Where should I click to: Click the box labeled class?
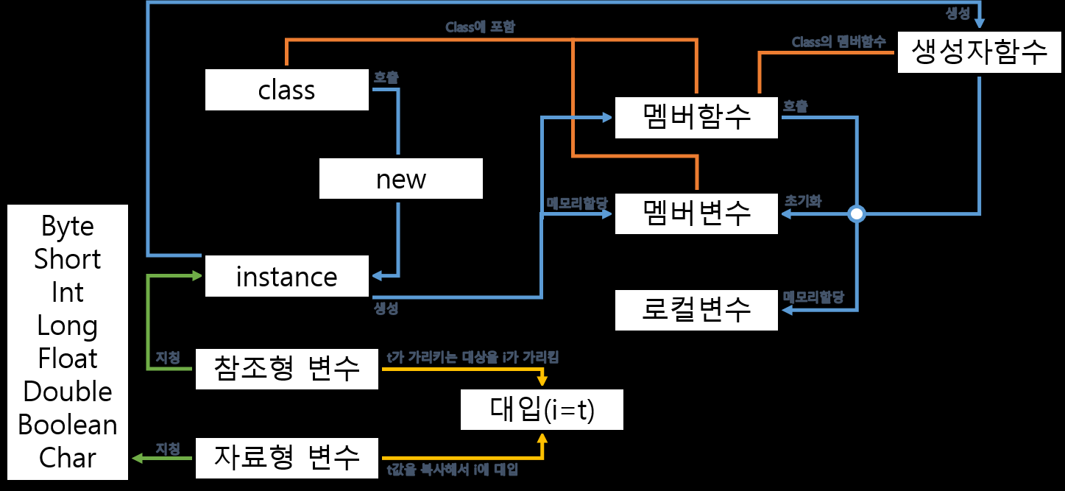pyautogui.click(x=286, y=90)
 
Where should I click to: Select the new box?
pyautogui.click(x=400, y=179)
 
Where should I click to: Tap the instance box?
pyautogui.click(x=286, y=277)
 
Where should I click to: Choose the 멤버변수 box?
pyautogui.click(x=696, y=213)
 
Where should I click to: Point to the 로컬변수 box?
pyautogui.click(x=696, y=309)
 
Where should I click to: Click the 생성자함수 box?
pyautogui.click(x=979, y=53)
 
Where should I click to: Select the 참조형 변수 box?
pyautogui.click(x=286, y=369)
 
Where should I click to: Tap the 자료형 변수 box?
pyautogui.click(x=286, y=457)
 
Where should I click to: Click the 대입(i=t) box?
pyautogui.click(x=542, y=410)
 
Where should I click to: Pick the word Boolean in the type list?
pyautogui.click(x=68, y=425)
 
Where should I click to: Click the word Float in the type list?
pyautogui.click(x=68, y=358)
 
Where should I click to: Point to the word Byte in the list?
pyautogui.click(x=68, y=226)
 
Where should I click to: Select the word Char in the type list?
pyautogui.click(x=68, y=458)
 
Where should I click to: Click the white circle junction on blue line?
pyautogui.click(x=856, y=214)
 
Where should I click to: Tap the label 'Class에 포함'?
pyautogui.click(x=481, y=27)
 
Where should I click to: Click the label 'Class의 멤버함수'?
pyautogui.click(x=838, y=42)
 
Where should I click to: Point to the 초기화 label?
pyautogui.click(x=803, y=200)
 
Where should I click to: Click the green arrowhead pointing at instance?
pyautogui.click(x=197, y=276)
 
